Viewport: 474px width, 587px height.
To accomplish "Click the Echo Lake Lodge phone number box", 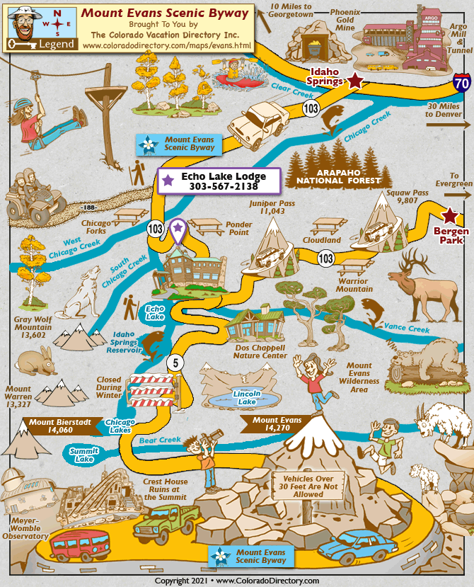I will coord(219,181).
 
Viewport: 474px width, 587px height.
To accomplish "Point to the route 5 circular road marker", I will coord(175,363).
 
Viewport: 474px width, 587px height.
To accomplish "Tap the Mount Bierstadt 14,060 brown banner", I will coord(59,425).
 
